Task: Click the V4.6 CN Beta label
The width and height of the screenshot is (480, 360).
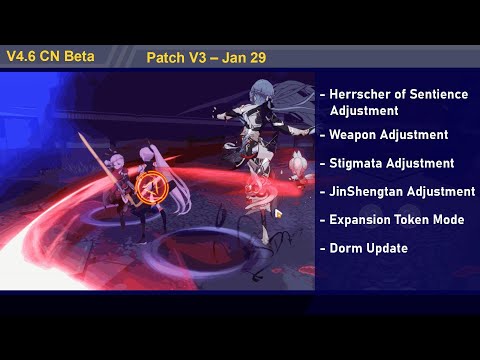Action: coord(50,56)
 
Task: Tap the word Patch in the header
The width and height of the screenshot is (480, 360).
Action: coord(163,57)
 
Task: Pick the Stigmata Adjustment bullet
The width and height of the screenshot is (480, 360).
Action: coord(391,162)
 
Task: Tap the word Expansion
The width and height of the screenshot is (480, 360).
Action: coord(362,219)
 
